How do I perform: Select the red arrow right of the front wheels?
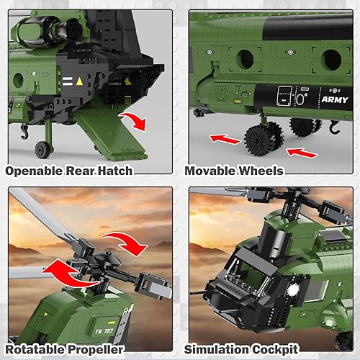(x=302, y=152)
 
